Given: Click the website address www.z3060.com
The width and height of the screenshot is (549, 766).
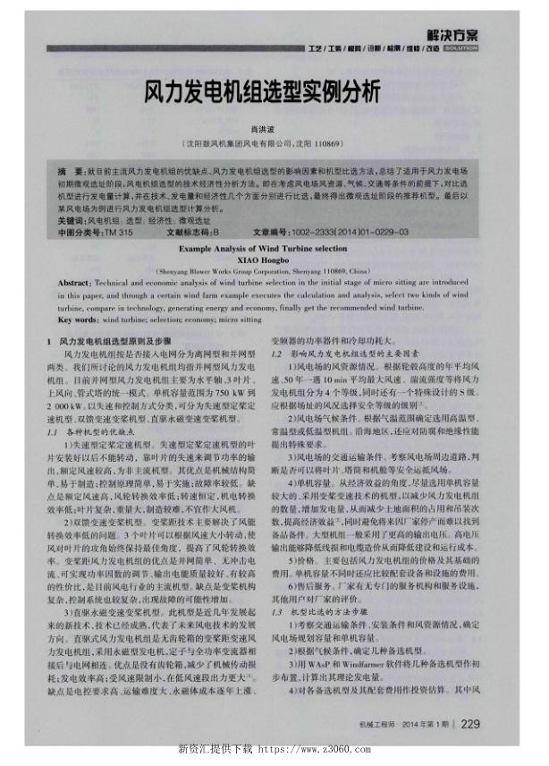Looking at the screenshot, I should coord(321,748).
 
